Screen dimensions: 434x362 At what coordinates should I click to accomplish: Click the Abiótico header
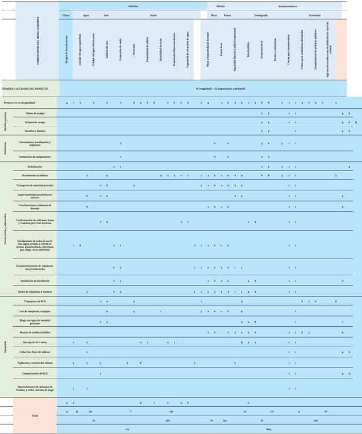133,6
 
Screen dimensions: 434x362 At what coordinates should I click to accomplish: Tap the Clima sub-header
65,15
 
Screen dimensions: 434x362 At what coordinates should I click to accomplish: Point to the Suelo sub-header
153,15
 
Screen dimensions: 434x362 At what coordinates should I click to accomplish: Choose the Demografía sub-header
261,15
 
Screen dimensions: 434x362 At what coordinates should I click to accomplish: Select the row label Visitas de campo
35,113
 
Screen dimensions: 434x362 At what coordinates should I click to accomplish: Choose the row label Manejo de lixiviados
35,342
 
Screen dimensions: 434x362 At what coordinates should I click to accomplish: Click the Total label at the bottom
35,415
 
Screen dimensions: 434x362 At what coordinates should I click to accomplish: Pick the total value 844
269,429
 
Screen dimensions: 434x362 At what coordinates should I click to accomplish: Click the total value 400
168,421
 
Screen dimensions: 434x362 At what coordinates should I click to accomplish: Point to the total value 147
225,421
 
